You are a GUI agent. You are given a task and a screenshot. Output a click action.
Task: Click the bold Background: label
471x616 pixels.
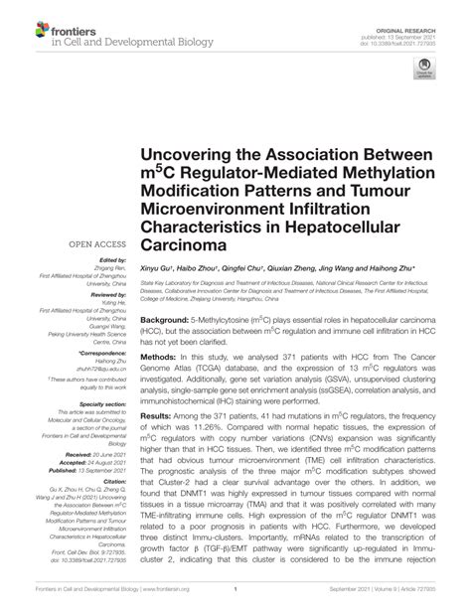(x=171, y=322)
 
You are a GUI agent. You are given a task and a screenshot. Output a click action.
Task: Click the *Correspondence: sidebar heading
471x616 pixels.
(x=97, y=351)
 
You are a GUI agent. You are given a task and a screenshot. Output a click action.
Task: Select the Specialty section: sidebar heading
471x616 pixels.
(x=98, y=405)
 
